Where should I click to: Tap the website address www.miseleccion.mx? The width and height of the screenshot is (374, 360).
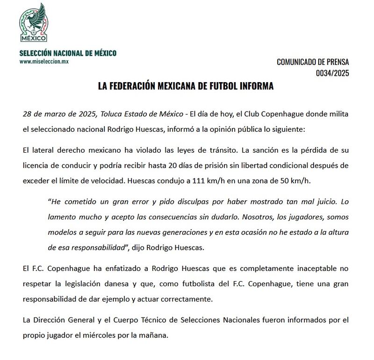click(44, 62)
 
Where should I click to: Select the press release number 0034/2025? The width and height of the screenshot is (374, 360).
click(332, 73)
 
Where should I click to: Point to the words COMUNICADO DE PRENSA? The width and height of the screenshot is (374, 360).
click(313, 62)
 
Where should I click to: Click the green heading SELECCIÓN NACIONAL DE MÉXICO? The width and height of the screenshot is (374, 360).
click(68, 53)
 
